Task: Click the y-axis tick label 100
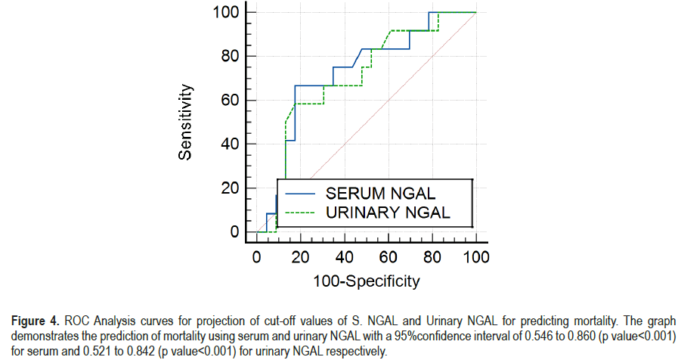pos(226,13)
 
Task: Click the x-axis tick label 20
pos(301,257)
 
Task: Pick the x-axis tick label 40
pos(345,257)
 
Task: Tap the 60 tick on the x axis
pos(389,257)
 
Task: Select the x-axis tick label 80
pos(432,257)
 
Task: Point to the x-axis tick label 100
pos(476,257)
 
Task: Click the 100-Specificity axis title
pos(367,282)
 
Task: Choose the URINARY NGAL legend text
pos(388,213)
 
